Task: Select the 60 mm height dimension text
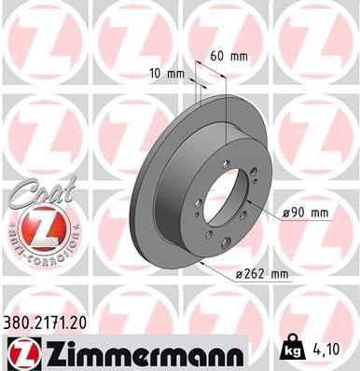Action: pos(229,56)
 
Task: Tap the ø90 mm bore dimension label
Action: pos(307,213)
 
